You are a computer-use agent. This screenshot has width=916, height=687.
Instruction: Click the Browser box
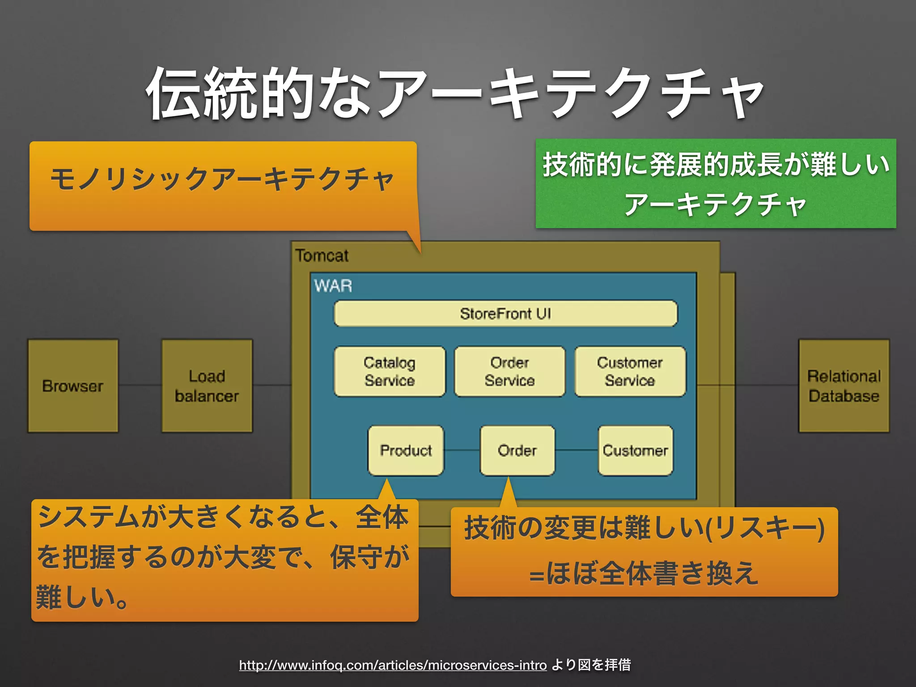pyautogui.click(x=73, y=386)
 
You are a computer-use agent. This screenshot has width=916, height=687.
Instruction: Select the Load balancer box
pyautogui.click(x=207, y=386)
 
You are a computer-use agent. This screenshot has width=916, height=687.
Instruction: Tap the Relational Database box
pyautogui.click(x=844, y=386)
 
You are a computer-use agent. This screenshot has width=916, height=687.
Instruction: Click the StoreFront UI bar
pyautogui.click(x=505, y=314)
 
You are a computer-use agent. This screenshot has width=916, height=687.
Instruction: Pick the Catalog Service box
pyautogui.click(x=390, y=371)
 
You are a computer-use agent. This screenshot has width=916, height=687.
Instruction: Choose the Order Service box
pyautogui.click(x=509, y=371)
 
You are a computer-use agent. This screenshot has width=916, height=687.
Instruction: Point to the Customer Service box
pyautogui.click(x=630, y=371)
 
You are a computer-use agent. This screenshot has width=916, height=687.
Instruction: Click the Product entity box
pyautogui.click(x=406, y=450)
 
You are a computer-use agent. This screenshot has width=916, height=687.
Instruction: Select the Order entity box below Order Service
pyautogui.click(x=517, y=450)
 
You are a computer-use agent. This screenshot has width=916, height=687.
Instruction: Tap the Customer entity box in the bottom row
pyautogui.click(x=635, y=450)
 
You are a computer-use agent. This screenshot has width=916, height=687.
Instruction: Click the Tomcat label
pyautogui.click(x=322, y=256)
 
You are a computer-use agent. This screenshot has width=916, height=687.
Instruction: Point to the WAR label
pyautogui.click(x=333, y=286)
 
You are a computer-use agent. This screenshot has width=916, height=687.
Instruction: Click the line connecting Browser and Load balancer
pyautogui.click(x=140, y=385)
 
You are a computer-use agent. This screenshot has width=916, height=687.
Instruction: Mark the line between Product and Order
pyautogui.click(x=462, y=450)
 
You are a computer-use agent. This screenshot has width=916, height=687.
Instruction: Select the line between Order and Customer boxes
pyautogui.click(x=577, y=450)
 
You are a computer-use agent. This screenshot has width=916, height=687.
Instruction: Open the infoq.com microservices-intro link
pyautogui.click(x=393, y=665)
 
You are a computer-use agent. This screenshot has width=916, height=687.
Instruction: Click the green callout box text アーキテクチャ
pyautogui.click(x=715, y=205)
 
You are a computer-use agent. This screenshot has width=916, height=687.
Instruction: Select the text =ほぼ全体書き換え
pyautogui.click(x=644, y=573)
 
